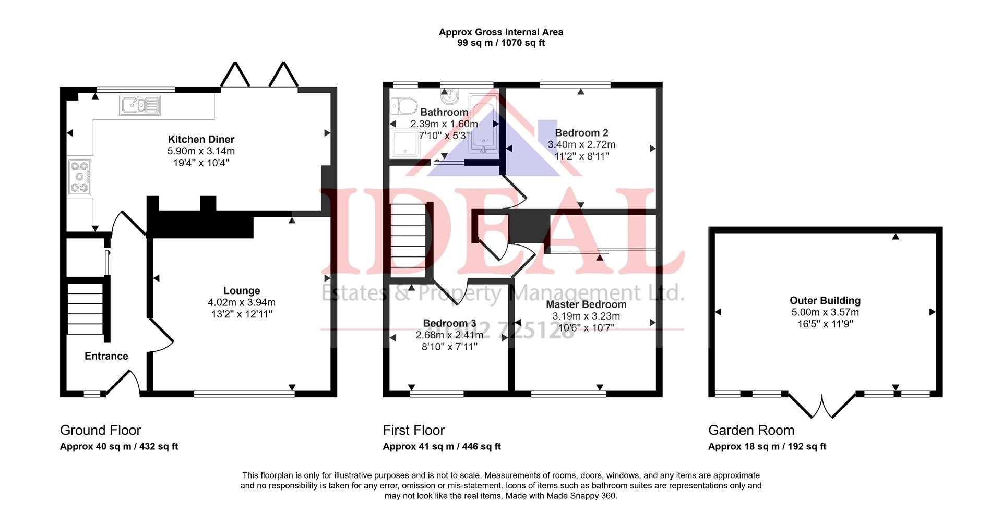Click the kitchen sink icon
point(140,105)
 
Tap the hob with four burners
point(79,177)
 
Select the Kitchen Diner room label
point(201,139)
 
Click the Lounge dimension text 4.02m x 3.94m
point(242,302)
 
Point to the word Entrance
point(106,356)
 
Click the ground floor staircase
point(86,309)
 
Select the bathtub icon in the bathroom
point(484,124)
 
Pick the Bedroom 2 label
point(581,133)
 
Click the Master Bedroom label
point(586,304)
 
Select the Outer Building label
point(825,300)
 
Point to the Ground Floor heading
point(100,430)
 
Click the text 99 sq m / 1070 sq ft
point(501,43)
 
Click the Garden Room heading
point(751,430)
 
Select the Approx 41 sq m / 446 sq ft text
point(442,447)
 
